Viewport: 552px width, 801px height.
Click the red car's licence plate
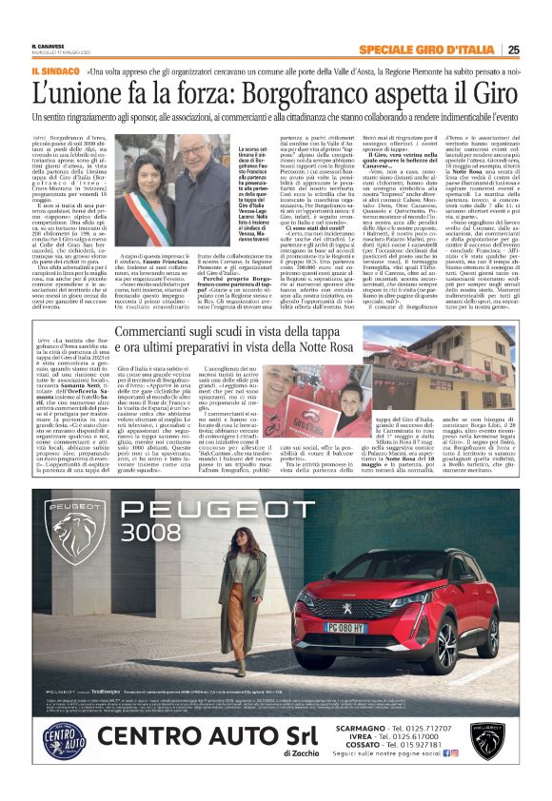click(x=374, y=629)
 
